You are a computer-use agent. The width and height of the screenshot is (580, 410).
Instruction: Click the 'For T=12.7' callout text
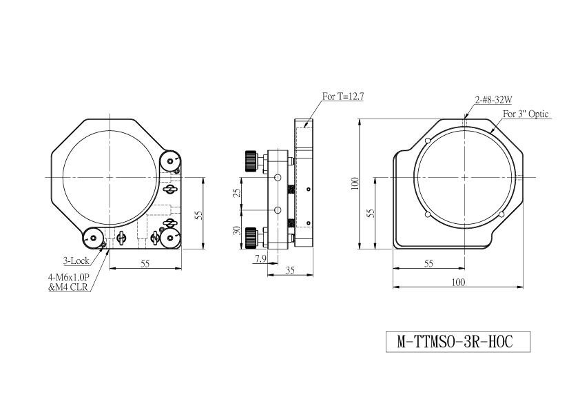click(x=343, y=96)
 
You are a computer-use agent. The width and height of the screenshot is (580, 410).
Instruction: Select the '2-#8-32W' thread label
click(x=493, y=99)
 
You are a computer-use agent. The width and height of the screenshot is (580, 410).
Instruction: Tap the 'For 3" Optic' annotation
click(x=526, y=114)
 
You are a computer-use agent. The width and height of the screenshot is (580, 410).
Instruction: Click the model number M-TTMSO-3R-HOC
click(x=455, y=342)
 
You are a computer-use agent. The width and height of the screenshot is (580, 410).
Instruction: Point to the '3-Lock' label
click(x=76, y=261)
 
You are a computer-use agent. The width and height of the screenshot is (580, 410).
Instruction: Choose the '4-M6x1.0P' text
click(x=68, y=277)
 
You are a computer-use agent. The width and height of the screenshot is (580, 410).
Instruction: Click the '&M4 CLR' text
click(x=68, y=287)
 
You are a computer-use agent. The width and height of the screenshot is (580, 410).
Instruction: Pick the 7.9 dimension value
click(x=260, y=258)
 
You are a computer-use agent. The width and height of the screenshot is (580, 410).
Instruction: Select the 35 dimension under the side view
click(x=290, y=271)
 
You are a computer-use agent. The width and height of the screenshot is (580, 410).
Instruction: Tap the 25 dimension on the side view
click(x=237, y=193)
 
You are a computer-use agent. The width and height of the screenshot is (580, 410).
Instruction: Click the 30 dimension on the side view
click(x=237, y=231)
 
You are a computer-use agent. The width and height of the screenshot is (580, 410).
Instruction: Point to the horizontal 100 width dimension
click(x=458, y=283)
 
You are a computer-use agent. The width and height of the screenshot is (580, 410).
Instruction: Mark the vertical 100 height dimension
click(x=355, y=183)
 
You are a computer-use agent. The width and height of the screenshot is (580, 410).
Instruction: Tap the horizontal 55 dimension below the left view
click(x=145, y=264)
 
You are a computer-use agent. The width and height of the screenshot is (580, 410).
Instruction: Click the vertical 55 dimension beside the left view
click(x=198, y=216)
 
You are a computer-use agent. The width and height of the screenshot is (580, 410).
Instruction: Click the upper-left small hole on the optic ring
click(x=428, y=141)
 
